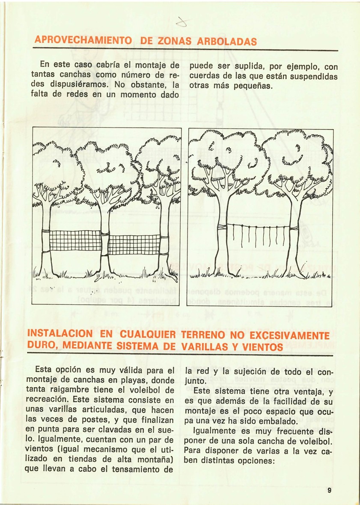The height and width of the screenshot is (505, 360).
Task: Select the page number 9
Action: point(330,491)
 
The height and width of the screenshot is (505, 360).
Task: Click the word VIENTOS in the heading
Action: point(261,345)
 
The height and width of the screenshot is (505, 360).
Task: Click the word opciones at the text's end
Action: point(250,460)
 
